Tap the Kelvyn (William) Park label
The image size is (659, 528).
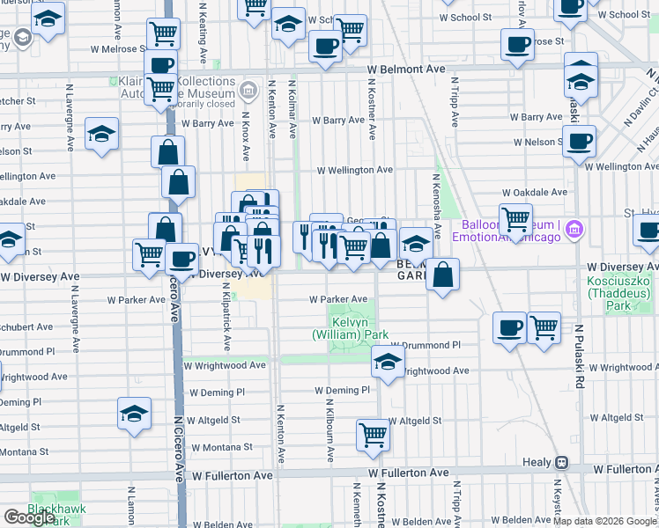[x=351, y=328]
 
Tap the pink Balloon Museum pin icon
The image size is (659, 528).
[x=574, y=230]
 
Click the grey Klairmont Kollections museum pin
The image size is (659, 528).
[x=248, y=90]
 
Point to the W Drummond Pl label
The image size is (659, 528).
[x=426, y=346]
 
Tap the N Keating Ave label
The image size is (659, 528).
[x=204, y=33]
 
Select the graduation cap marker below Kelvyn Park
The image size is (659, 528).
[x=387, y=361]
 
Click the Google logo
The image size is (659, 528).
[x=29, y=517]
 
